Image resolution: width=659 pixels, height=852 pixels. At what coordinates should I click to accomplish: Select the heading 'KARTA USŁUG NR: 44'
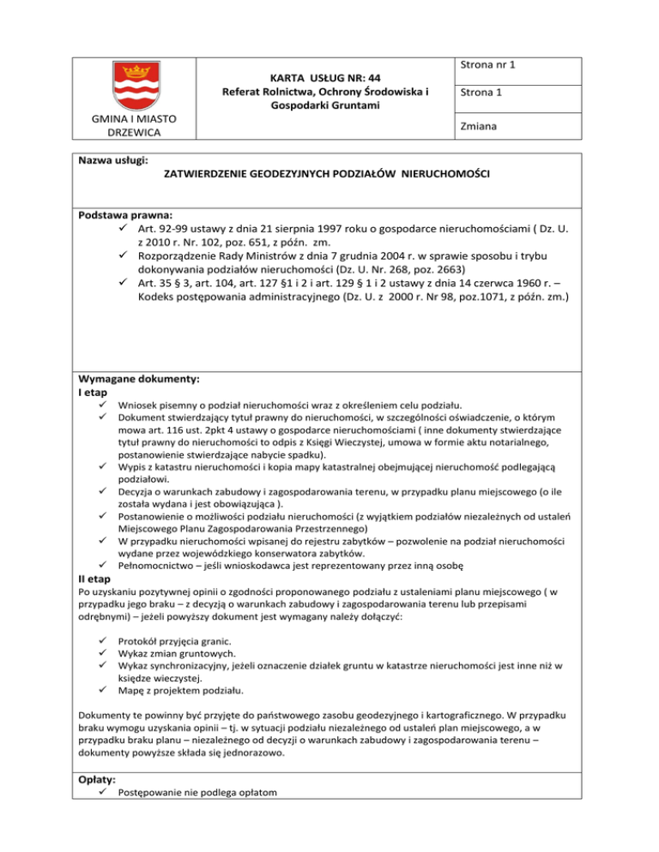pyautogui.click(x=325, y=75)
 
